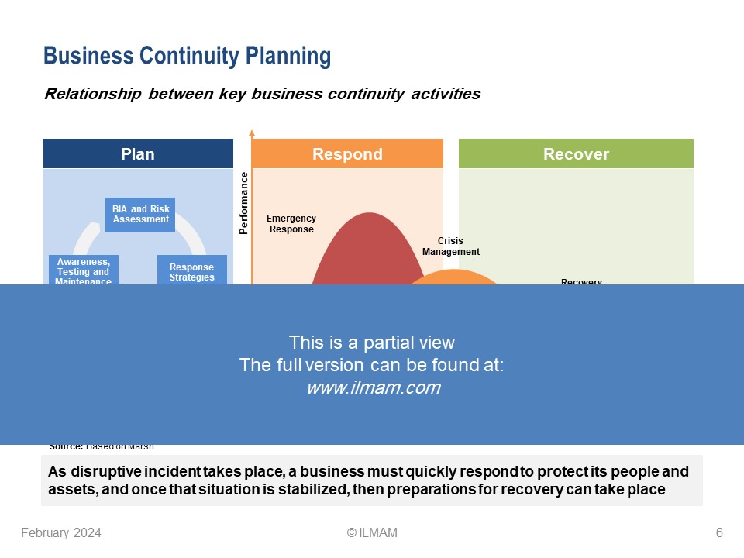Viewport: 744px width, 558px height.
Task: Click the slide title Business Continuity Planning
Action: coord(187,57)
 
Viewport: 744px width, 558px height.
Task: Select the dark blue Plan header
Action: coord(138,154)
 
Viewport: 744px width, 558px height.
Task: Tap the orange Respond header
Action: coord(347,154)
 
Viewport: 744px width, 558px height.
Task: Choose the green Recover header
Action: coord(576,154)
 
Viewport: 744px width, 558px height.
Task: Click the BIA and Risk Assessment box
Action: coord(140,215)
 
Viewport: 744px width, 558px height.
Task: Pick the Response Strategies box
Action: coord(192,271)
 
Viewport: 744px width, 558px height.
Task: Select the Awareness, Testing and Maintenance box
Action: coord(83,271)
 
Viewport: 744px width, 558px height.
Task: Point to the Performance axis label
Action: coord(244,203)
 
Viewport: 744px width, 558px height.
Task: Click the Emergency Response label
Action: coord(291,224)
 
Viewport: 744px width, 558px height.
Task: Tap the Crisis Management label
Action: coord(451,246)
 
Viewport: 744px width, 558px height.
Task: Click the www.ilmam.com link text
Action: coord(373,388)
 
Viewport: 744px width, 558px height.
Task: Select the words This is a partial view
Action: coord(372,343)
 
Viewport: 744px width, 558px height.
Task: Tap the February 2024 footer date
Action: coord(60,532)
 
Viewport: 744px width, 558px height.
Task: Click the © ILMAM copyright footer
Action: coord(372,532)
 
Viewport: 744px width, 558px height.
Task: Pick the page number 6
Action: coord(719,532)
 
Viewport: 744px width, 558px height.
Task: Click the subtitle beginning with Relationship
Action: coord(262,95)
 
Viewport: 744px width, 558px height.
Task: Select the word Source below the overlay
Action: coord(65,446)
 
